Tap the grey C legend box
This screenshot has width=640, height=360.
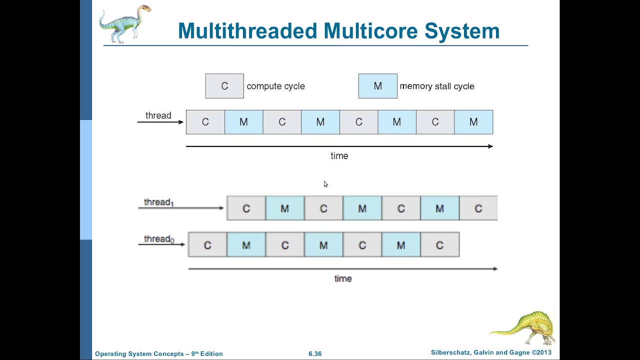(224, 86)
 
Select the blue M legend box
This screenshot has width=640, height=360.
(377, 86)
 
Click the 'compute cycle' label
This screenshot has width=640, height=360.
(275, 86)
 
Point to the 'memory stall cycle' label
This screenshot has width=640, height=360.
(436, 86)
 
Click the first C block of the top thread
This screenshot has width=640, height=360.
(205, 122)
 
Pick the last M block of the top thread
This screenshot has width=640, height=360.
(473, 122)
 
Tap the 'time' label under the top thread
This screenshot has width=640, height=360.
(339, 156)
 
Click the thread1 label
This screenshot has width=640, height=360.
(158, 202)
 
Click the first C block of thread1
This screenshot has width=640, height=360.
(246, 208)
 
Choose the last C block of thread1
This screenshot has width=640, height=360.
(478, 208)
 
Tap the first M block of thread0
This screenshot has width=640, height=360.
(246, 245)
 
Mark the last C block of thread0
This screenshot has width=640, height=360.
(439, 245)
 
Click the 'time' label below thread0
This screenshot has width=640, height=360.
(343, 278)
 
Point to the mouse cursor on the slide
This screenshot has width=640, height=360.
(325, 184)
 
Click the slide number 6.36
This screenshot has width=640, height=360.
(315, 353)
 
